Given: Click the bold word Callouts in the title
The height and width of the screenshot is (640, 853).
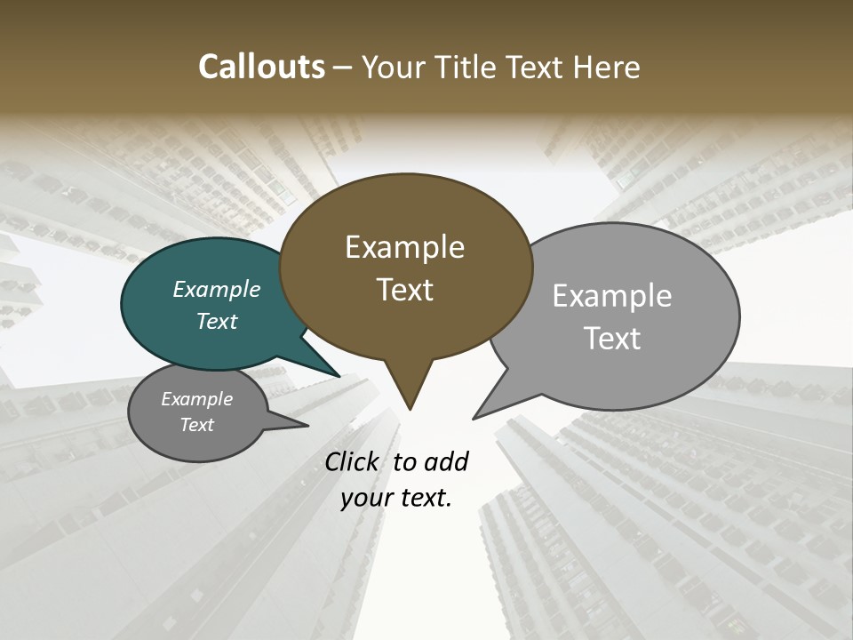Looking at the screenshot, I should click(262, 67).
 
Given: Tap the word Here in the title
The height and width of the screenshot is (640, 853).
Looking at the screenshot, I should click(608, 67).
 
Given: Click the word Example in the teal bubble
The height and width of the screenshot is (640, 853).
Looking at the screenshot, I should click(216, 289).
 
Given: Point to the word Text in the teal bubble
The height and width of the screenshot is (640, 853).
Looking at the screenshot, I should click(216, 321).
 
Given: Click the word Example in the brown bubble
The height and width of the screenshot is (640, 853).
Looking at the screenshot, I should click(404, 247).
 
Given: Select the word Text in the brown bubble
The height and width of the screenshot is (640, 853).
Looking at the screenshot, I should click(404, 290).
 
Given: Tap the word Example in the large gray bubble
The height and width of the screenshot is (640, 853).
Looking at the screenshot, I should click(612, 296).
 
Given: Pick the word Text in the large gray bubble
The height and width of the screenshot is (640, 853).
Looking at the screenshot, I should click(612, 339).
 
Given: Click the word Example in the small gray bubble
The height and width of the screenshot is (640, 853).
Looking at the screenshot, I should click(196, 399).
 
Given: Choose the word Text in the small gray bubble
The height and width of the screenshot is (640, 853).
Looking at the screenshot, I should click(196, 425).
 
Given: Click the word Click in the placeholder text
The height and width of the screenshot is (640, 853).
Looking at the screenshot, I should click(354, 461).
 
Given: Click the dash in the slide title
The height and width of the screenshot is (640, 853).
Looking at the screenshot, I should click(344, 68).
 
